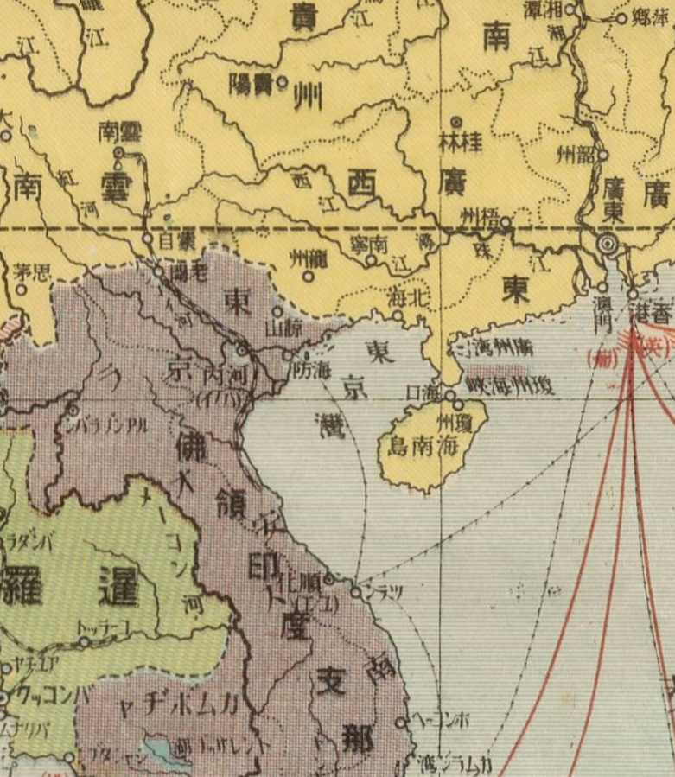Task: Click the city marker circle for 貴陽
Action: (281, 84)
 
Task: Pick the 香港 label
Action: (654, 315)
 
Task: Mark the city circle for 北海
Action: (398, 315)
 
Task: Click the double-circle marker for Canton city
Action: (608, 245)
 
